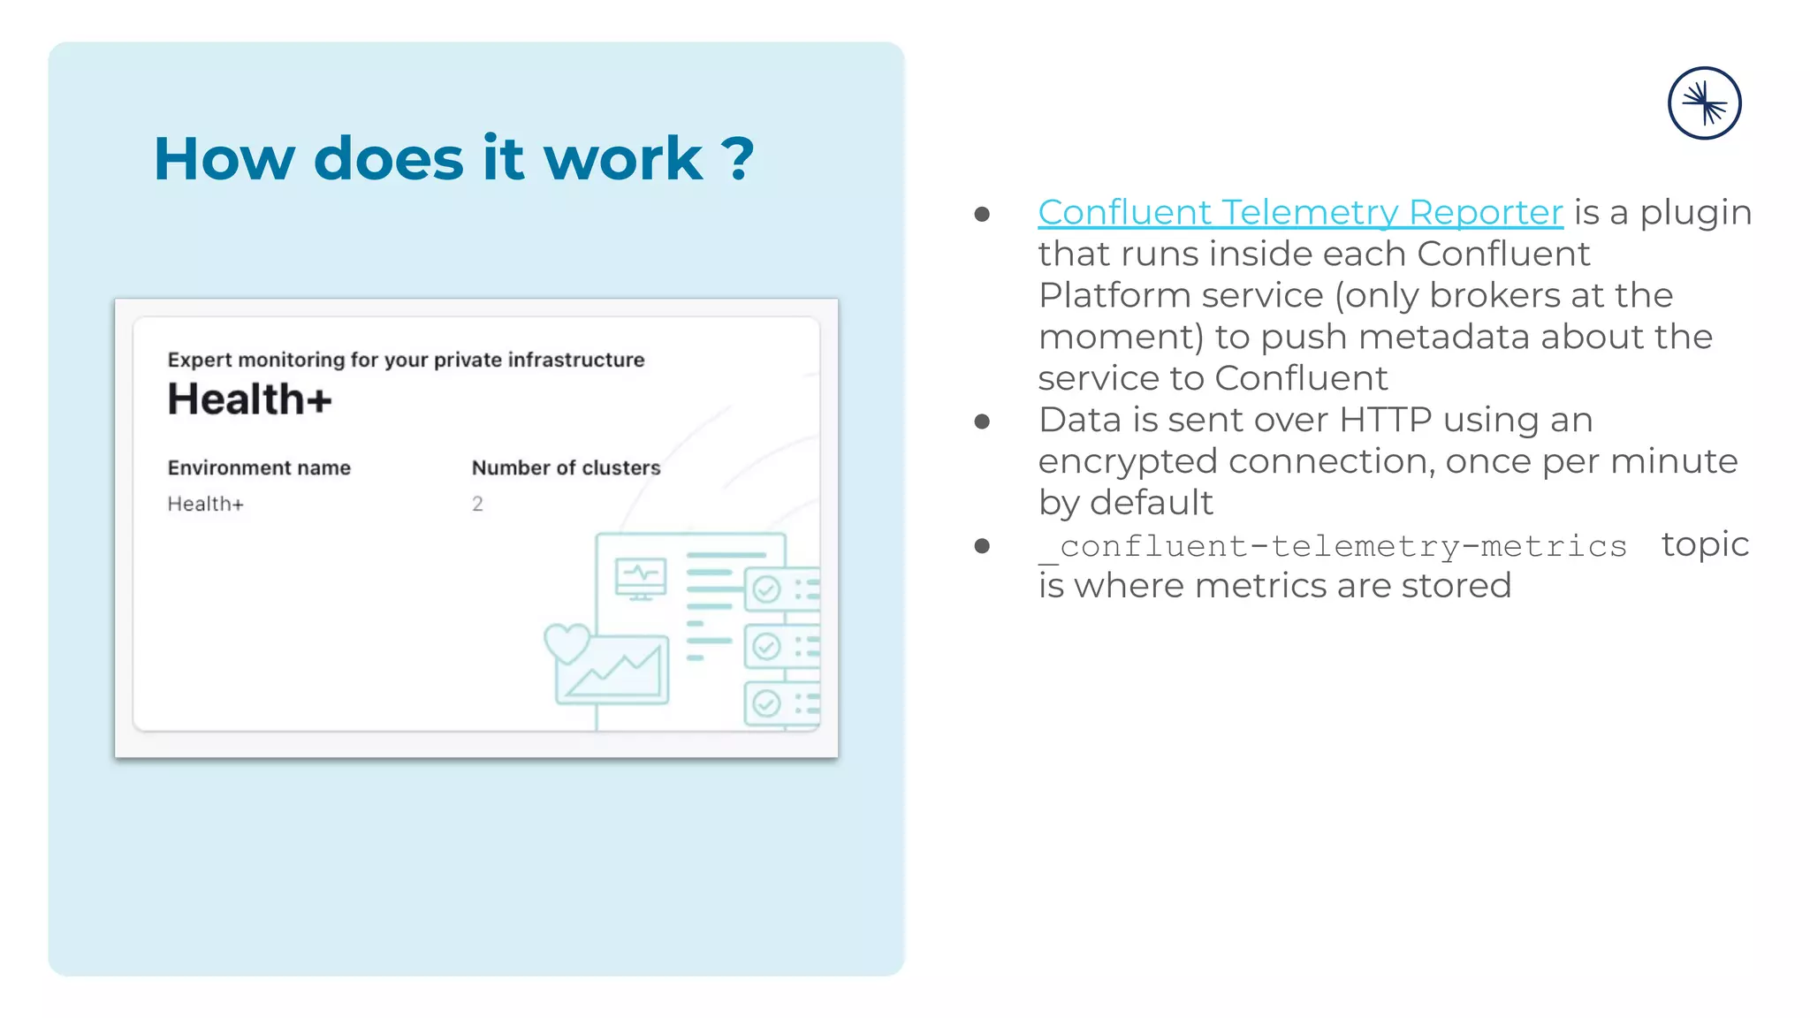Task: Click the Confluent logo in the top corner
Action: [1704, 103]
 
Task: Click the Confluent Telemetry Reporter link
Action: [1300, 213]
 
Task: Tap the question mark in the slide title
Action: [737, 159]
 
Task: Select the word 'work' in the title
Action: [622, 159]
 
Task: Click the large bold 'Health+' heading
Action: [249, 399]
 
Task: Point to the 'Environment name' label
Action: [259, 467]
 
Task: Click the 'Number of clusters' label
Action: [566, 467]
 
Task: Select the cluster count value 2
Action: [477, 504]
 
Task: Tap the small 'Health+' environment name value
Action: [205, 504]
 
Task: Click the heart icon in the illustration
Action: [567, 642]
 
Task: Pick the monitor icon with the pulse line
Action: [641, 579]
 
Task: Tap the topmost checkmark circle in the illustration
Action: [766, 589]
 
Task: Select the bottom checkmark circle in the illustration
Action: [766, 703]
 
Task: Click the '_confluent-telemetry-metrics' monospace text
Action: [1333, 547]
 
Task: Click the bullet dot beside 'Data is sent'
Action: [982, 422]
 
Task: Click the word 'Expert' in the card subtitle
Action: [200, 360]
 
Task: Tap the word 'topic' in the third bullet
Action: [1705, 544]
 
